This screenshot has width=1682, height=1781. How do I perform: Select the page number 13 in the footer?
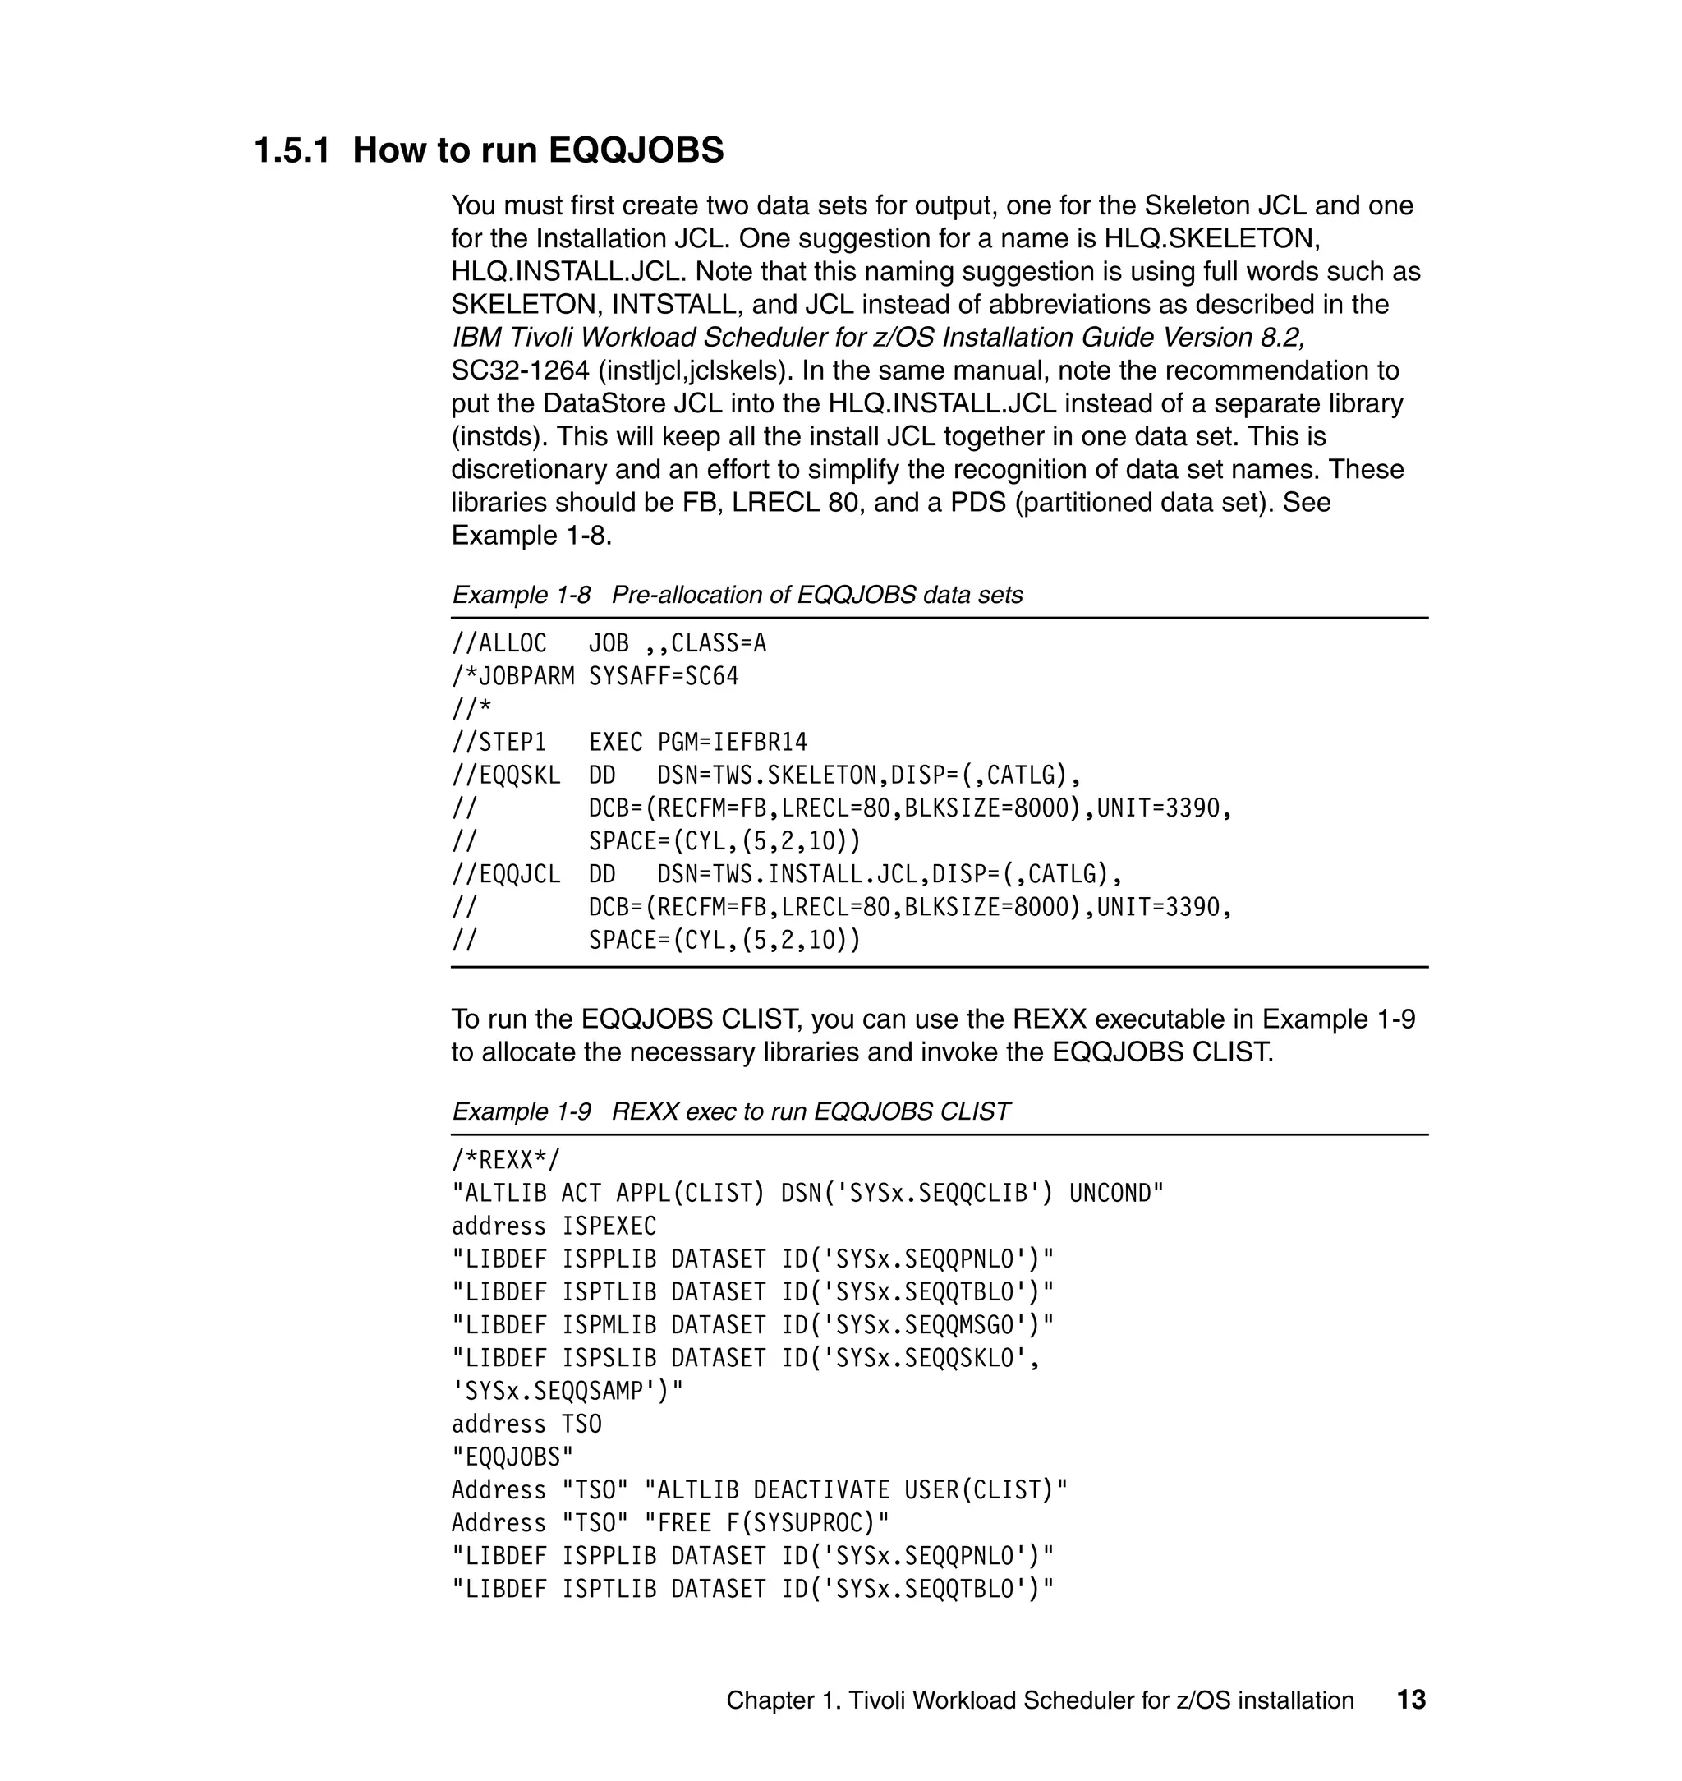click(1410, 1700)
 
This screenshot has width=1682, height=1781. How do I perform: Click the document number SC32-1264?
click(520, 370)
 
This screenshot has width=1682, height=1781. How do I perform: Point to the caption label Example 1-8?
click(521, 596)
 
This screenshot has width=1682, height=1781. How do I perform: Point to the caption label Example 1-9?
click(521, 1112)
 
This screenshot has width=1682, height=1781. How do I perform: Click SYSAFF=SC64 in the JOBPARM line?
click(664, 677)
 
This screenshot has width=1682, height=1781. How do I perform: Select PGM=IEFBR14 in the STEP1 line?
click(732, 743)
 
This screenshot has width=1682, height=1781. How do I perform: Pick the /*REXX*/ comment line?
click(505, 1161)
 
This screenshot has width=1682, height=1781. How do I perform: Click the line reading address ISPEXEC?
click(554, 1226)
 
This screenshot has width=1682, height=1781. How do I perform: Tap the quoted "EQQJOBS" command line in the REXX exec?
click(512, 1457)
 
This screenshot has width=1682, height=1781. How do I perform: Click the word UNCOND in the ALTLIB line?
click(1115, 1194)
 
